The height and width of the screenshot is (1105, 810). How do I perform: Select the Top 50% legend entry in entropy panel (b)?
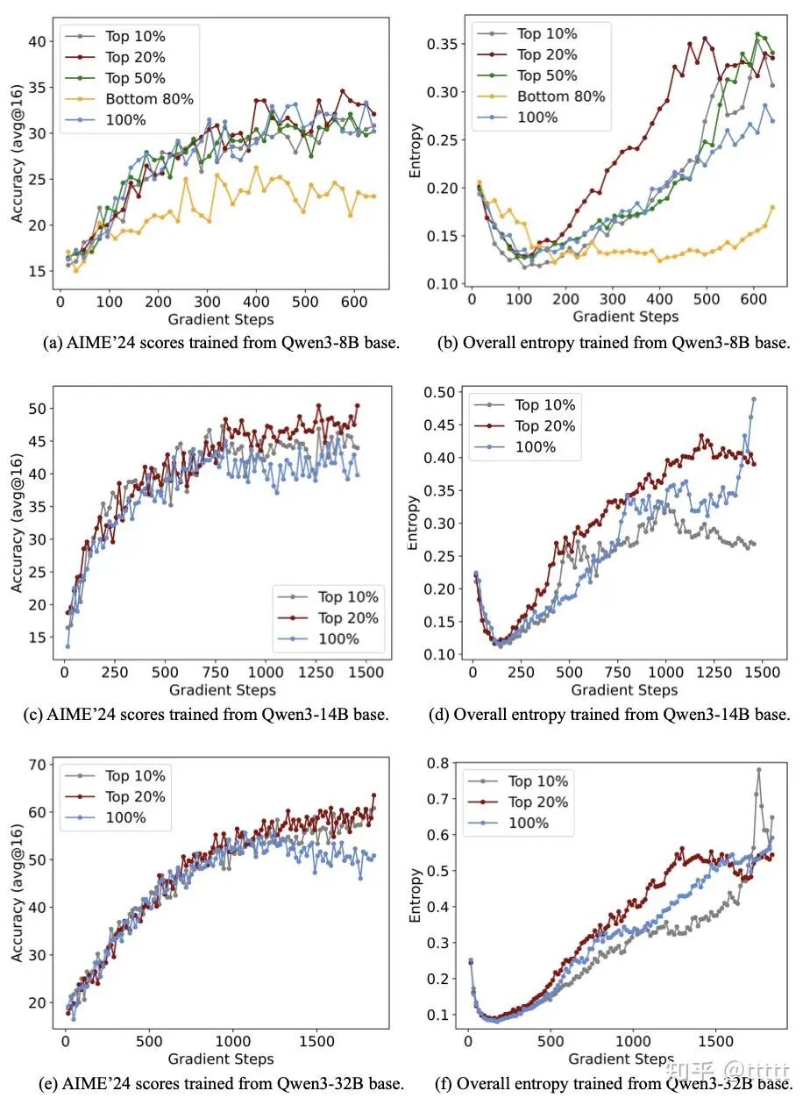[547, 75]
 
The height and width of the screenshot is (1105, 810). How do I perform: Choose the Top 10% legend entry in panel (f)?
[538, 781]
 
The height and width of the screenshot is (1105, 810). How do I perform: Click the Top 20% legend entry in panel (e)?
[135, 796]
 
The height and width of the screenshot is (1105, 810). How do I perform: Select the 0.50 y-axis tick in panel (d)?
[441, 391]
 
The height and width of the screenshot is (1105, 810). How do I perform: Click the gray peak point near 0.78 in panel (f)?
[758, 770]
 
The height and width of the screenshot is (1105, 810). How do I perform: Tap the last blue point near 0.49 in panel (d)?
[753, 399]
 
